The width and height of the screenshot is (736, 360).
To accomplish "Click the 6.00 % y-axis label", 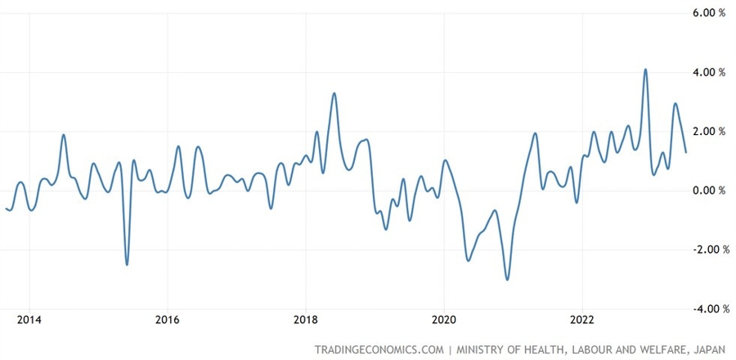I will coord(709,13).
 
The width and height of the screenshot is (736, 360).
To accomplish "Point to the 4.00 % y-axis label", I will coord(709,72).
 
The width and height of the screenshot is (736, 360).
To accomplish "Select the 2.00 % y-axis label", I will coord(709,131).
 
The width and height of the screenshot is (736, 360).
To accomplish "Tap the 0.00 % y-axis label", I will coord(709,191).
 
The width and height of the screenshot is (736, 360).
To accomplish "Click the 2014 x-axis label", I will coord(29,319).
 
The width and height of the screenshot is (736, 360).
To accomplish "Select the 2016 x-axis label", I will coord(167,319).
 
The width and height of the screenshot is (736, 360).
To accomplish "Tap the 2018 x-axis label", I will coord(306,319).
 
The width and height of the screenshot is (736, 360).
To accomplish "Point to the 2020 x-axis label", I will coord(444,319).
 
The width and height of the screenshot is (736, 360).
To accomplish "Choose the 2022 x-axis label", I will coord(582,319).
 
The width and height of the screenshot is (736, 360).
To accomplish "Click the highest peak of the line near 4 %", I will coord(646,70).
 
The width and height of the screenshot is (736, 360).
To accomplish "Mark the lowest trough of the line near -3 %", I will coord(507,280).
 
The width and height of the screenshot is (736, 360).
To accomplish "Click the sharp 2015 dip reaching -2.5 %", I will coord(127,264).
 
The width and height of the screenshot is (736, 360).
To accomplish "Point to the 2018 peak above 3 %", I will coord(334,93).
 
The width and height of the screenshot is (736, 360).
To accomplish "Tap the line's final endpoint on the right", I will coord(685,152).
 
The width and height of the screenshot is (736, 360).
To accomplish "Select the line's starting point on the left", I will coord(6,209).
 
